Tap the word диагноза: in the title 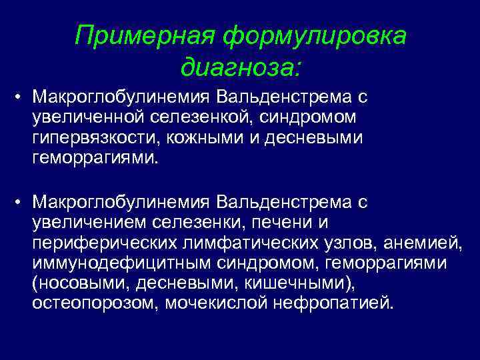(x=240, y=67)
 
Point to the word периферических (x=100, y=243)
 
